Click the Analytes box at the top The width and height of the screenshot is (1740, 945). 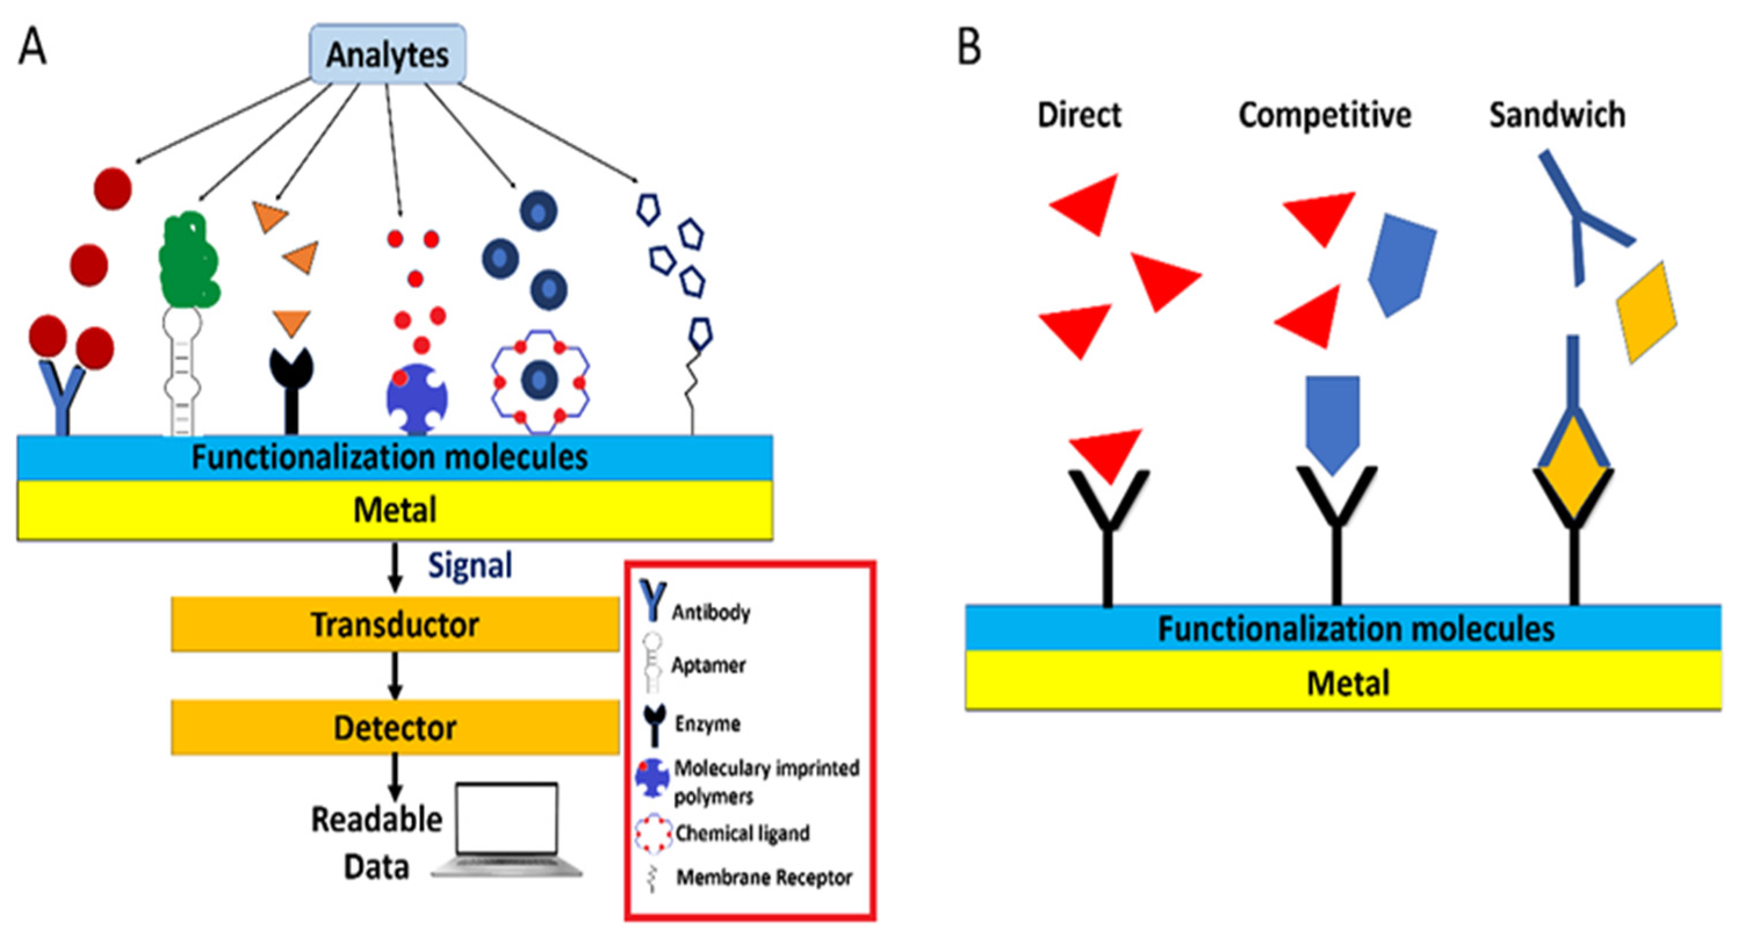click(387, 54)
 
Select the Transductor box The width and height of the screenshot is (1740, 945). click(395, 624)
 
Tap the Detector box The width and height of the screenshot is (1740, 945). click(395, 727)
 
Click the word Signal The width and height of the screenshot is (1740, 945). click(470, 565)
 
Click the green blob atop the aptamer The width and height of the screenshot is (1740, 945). click(189, 260)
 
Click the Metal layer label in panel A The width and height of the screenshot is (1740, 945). click(395, 510)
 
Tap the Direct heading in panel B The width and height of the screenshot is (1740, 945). click(1079, 115)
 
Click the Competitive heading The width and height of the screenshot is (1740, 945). click(1324, 115)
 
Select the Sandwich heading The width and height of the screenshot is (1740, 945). click(1557, 115)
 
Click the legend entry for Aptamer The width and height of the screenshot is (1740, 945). click(708, 665)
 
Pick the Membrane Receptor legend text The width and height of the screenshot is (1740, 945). click(764, 878)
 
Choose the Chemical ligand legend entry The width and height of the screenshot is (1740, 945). click(742, 834)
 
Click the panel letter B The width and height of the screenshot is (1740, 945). click(969, 47)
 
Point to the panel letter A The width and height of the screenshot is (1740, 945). click(33, 47)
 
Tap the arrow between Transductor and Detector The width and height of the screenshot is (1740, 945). click(395, 676)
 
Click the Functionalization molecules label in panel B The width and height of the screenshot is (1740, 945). click(1356, 629)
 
